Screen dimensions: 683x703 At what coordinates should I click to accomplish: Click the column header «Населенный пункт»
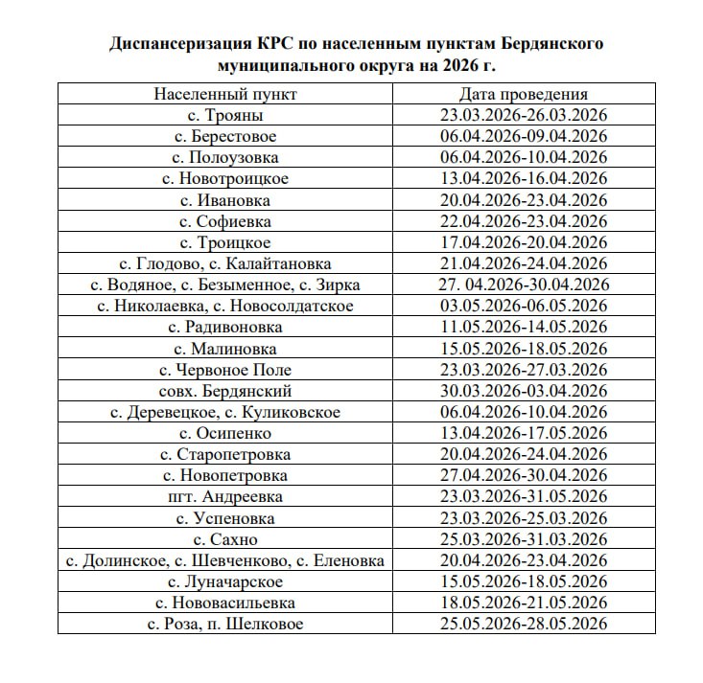225,95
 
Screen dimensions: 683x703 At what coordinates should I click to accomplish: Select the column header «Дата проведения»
523,95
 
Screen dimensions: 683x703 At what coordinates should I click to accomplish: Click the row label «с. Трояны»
225,116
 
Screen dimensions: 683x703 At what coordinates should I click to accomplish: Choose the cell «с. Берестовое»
225,137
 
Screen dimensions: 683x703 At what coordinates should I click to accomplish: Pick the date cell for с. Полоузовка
523,158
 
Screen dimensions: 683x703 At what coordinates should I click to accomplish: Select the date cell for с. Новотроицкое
523,179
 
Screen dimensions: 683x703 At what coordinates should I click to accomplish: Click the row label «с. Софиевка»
225,221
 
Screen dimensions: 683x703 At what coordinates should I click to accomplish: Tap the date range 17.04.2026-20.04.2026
523,242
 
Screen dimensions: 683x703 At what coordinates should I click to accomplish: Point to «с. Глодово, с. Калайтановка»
225,263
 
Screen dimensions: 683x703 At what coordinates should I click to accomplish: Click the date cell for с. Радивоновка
523,328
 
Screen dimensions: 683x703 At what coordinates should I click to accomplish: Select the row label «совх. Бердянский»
225,391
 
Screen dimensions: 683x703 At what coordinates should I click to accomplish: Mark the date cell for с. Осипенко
523,433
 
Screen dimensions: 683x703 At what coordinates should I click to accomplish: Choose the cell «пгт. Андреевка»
225,496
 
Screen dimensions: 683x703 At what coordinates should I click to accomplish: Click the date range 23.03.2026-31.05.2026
523,496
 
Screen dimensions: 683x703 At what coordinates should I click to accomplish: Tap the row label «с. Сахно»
225,539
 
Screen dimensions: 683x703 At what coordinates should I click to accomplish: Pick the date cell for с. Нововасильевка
523,603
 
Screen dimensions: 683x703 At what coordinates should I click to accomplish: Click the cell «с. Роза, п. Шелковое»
225,624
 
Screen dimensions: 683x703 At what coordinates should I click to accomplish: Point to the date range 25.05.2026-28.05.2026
523,624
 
